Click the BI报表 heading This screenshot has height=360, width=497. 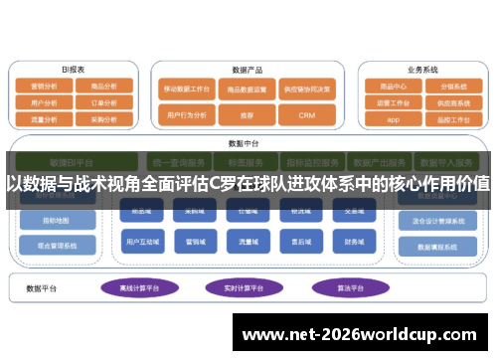(x=73, y=70)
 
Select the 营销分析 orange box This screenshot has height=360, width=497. (x=44, y=87)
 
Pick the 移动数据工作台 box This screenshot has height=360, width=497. (x=187, y=90)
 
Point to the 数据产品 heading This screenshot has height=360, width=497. (x=247, y=71)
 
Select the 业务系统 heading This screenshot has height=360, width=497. (x=422, y=70)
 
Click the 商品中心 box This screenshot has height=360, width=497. (x=394, y=87)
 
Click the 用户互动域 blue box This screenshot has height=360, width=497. (x=139, y=240)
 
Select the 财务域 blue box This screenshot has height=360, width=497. (x=354, y=240)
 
